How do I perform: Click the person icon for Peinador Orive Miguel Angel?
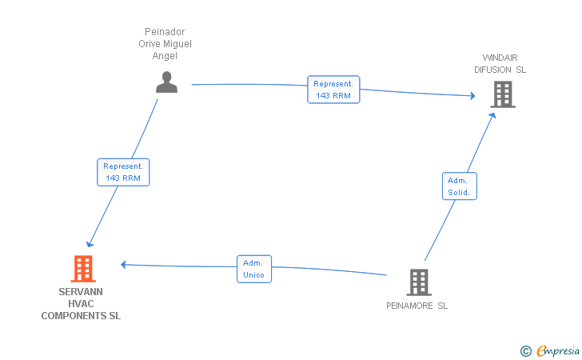click(166, 82)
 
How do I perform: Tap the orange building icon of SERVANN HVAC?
click(83, 269)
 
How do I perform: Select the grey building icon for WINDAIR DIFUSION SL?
click(503, 94)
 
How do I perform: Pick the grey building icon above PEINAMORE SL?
click(419, 282)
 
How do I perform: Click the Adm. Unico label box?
click(254, 269)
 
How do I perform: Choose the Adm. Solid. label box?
click(460, 186)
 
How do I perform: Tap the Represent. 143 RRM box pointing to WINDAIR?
click(333, 90)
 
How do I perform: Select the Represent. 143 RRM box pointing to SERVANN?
click(123, 172)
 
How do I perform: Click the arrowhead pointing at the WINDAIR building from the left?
click(473, 96)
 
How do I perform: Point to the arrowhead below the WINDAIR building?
click(492, 115)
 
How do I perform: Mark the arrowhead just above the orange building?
click(90, 244)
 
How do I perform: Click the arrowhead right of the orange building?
click(124, 265)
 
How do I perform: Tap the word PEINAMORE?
click(409, 306)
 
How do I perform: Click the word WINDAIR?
click(500, 58)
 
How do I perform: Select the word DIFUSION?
click(492, 70)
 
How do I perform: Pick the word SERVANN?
click(81, 292)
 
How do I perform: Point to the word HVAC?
click(81, 304)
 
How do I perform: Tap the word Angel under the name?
click(165, 56)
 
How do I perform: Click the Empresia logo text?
click(558, 350)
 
